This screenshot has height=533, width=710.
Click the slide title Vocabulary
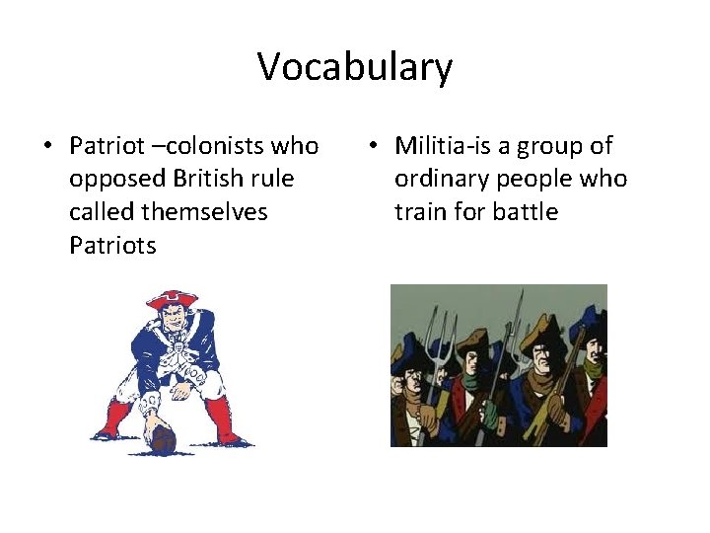355,67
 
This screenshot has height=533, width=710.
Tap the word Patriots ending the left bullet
112,245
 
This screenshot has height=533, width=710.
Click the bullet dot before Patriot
47,147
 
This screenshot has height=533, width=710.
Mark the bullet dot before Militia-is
372,147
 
